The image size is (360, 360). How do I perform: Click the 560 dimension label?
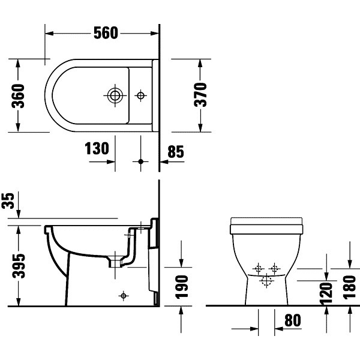(106, 33)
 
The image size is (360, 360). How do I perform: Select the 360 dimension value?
(18, 96)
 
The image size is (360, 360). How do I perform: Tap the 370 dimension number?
(200, 95)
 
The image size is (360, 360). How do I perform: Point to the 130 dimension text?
(97, 148)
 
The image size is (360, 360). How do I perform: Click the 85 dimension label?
(176, 152)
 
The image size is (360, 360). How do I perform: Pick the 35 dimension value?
(8, 200)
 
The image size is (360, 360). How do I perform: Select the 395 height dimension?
(19, 266)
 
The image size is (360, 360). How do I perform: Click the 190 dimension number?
(182, 287)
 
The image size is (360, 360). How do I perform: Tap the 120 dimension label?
(326, 293)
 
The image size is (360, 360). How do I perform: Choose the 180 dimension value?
(349, 287)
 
